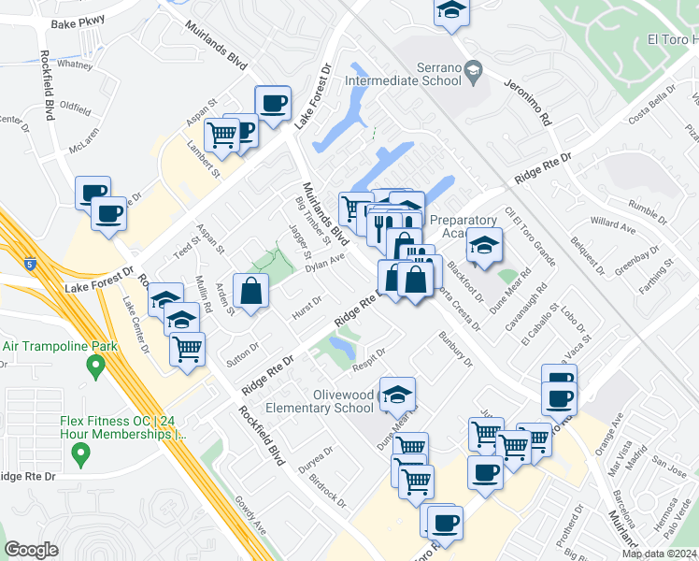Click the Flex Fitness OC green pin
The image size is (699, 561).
tap(80, 455)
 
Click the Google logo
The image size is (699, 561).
tap(31, 550)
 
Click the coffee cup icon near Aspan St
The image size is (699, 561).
tap(272, 103)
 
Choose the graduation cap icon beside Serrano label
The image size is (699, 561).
tap(474, 71)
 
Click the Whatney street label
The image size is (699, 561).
tap(75, 65)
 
